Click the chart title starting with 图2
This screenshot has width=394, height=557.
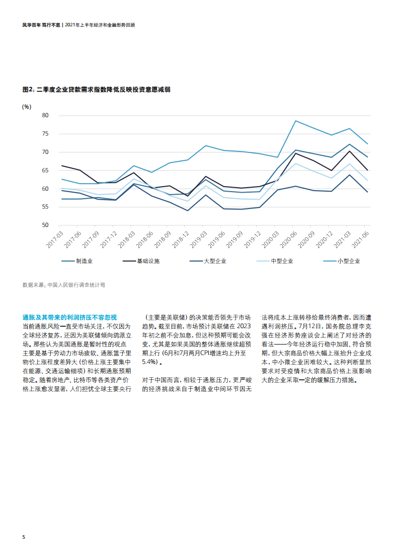pyautogui.click(x=97, y=89)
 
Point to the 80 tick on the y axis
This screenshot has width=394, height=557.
pyautogui.click(x=45, y=115)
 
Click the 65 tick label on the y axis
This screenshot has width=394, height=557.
pyautogui.click(x=45, y=170)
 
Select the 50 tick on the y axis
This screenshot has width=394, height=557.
pyautogui.click(x=45, y=225)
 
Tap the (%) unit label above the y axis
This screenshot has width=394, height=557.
pyautogui.click(x=27, y=106)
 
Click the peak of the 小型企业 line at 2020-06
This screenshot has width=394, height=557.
pyautogui.click(x=296, y=121)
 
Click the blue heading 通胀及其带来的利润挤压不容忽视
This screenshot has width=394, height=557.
pyautogui.click(x=70, y=317)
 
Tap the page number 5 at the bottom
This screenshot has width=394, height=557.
pyautogui.click(x=24, y=538)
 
